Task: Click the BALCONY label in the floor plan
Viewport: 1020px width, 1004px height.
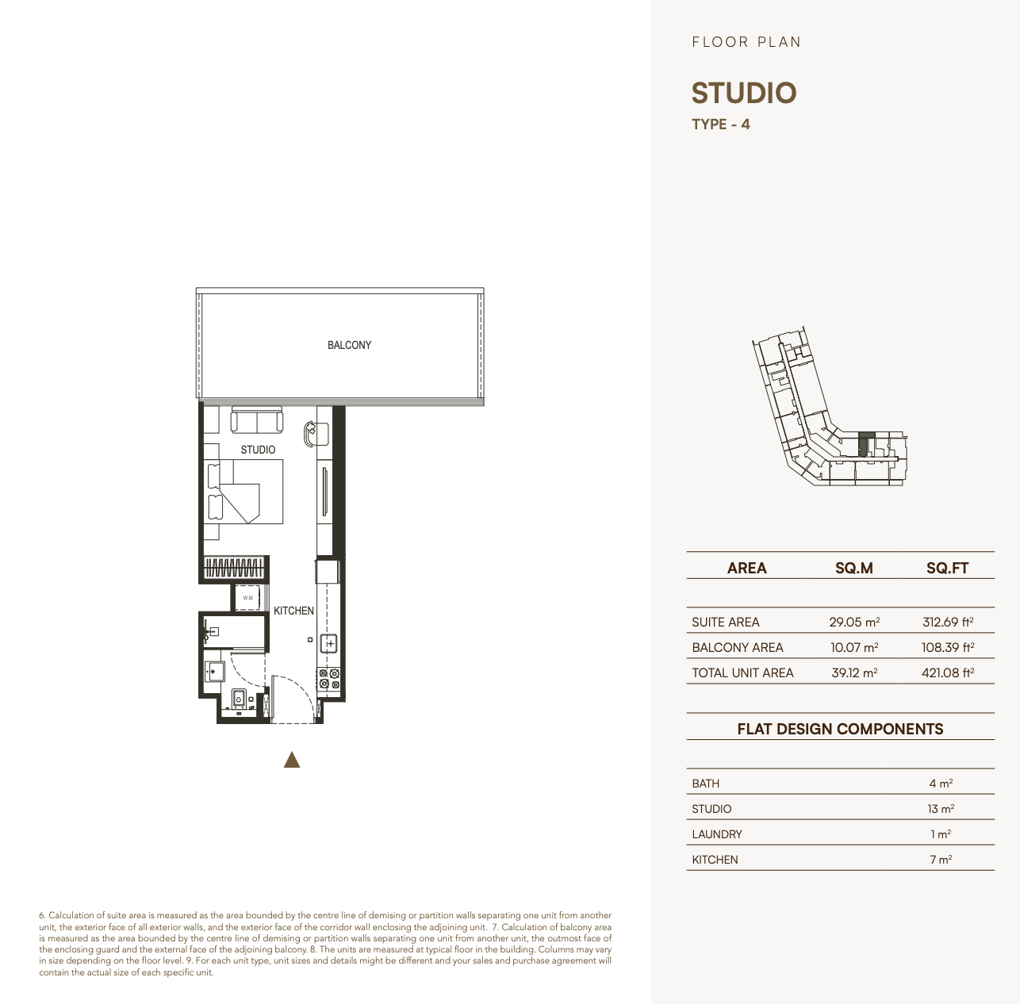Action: coord(349,345)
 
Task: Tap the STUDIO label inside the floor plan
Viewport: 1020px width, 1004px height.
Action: coord(258,450)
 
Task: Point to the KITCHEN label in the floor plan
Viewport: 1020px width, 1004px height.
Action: coord(293,611)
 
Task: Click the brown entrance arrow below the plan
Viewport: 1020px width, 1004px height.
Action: coord(292,760)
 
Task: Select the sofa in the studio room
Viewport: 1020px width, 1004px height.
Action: coord(257,420)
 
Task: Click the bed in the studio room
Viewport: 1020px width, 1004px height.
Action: coord(245,492)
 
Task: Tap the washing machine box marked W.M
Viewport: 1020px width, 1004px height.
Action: coord(247,598)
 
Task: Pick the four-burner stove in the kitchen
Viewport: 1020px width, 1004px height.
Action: coord(328,679)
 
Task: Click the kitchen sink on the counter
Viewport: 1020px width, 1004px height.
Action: coord(329,644)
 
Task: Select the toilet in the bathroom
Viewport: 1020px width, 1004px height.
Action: coord(239,700)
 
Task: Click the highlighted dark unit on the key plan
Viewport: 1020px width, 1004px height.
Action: coord(863,444)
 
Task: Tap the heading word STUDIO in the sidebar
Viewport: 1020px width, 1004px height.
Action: coord(744,93)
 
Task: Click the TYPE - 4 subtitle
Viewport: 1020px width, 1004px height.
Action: coord(721,125)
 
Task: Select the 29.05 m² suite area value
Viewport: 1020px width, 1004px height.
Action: coord(854,622)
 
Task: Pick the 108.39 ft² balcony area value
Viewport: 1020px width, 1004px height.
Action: coord(948,647)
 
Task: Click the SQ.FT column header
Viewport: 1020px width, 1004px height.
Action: coord(948,568)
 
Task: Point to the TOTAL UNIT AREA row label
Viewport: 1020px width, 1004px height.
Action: coord(742,673)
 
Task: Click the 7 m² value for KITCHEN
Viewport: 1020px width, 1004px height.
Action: coord(941,860)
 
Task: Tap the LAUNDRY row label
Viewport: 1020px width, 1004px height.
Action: coord(717,834)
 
